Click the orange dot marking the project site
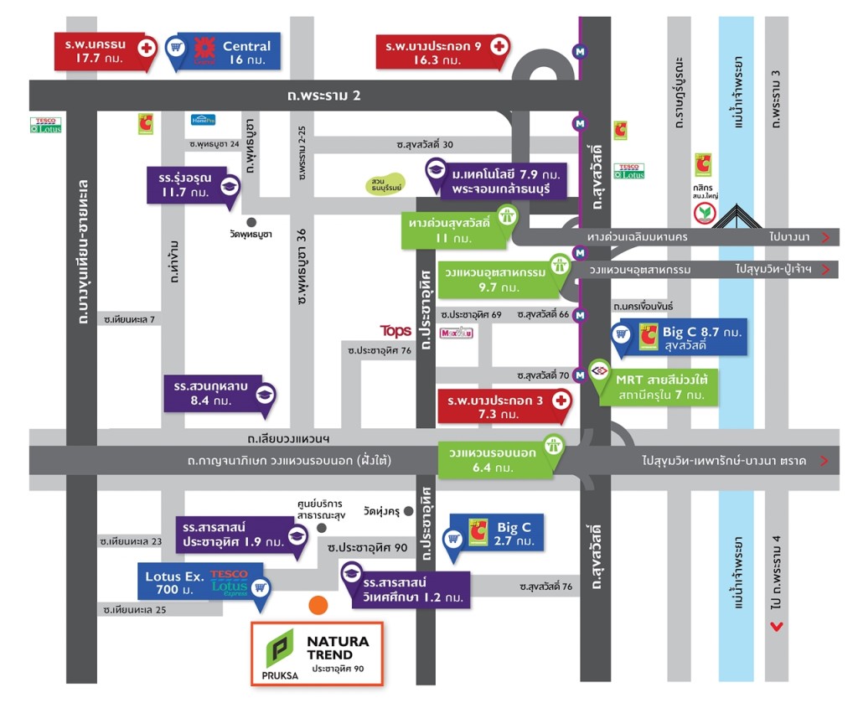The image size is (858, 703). [318, 606]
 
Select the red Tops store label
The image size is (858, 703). [395, 331]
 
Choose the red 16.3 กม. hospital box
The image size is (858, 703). [440, 52]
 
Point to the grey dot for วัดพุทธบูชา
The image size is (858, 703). [251, 222]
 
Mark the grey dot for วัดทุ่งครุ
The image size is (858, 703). [407, 510]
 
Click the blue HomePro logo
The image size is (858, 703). [203, 120]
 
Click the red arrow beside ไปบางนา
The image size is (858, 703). [826, 238]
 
